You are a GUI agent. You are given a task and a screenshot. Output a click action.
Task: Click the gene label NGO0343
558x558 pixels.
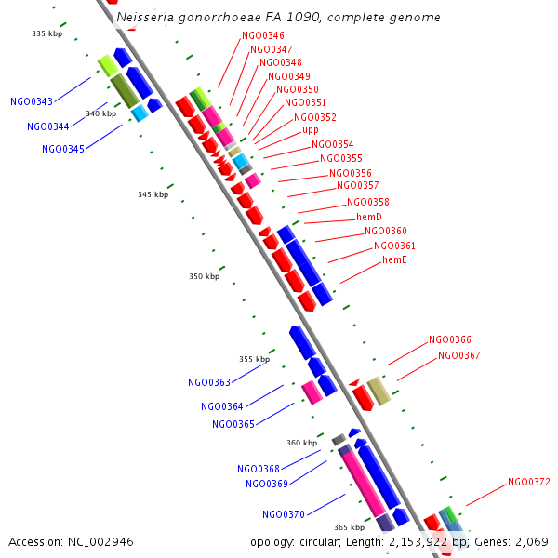click(x=32, y=101)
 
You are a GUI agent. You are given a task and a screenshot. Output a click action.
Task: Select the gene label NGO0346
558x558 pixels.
click(x=263, y=36)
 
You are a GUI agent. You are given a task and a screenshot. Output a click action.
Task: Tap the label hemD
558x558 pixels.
click(x=369, y=217)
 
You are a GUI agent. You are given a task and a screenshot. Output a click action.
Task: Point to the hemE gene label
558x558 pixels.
click(x=394, y=260)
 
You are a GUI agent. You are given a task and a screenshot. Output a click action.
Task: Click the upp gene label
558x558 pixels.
click(x=311, y=131)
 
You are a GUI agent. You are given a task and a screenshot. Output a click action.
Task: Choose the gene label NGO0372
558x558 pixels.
click(x=529, y=483)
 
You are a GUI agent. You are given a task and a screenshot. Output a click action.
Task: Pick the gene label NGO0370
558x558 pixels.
click(x=284, y=514)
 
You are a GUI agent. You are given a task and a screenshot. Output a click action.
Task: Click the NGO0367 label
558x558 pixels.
click(x=459, y=355)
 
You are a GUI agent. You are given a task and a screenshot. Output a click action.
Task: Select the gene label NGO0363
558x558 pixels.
click(x=209, y=382)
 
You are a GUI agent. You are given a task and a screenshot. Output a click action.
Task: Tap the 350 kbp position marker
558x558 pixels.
click(x=205, y=276)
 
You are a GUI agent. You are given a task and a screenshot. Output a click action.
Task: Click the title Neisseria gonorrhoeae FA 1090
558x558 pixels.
click(x=279, y=18)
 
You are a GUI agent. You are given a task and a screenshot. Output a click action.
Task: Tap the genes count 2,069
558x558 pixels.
click(x=533, y=541)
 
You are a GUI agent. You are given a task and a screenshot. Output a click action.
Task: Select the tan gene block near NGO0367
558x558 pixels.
click(x=379, y=392)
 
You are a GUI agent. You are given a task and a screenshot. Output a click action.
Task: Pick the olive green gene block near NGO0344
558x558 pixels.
click(x=125, y=90)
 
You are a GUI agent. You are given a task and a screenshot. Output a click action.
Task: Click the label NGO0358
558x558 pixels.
click(x=368, y=203)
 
